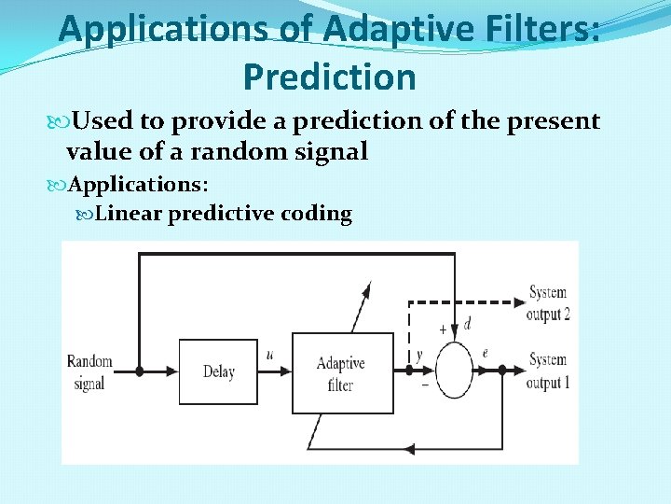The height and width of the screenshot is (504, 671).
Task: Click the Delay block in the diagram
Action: click(218, 371)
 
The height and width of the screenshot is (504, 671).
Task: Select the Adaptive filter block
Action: click(341, 372)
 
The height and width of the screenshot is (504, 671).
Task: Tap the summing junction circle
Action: click(455, 371)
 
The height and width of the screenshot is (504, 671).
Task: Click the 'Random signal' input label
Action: click(89, 371)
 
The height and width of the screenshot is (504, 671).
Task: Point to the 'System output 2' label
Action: click(547, 303)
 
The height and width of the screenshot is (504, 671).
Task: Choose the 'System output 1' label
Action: click(547, 371)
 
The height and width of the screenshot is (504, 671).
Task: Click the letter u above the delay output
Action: click(269, 354)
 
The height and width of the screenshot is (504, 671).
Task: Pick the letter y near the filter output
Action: click(419, 355)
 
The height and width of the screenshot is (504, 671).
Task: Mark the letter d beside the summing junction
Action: click(467, 325)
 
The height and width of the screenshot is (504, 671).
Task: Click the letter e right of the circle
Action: click(486, 353)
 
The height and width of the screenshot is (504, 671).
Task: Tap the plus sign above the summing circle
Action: click(442, 329)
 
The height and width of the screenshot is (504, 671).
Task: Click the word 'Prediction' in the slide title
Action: click(329, 77)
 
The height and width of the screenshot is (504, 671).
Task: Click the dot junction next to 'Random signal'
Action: click(140, 371)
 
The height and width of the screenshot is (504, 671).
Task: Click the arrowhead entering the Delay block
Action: click(172, 371)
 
